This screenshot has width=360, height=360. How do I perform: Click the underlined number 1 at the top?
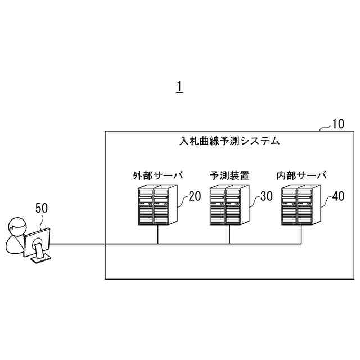(179, 87)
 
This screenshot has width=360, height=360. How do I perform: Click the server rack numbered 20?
(157, 206)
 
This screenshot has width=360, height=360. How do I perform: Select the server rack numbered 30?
(229, 206)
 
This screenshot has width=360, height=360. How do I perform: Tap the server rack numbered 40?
(301, 206)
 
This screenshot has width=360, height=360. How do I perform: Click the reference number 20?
(194, 196)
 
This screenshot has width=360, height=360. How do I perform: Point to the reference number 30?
(266, 196)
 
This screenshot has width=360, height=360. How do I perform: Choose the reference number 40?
(337, 196)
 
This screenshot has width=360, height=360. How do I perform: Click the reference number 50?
(42, 208)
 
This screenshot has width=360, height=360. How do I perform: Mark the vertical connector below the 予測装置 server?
(229, 235)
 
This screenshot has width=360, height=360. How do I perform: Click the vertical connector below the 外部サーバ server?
(157, 235)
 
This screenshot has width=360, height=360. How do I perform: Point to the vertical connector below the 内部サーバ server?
(301, 235)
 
